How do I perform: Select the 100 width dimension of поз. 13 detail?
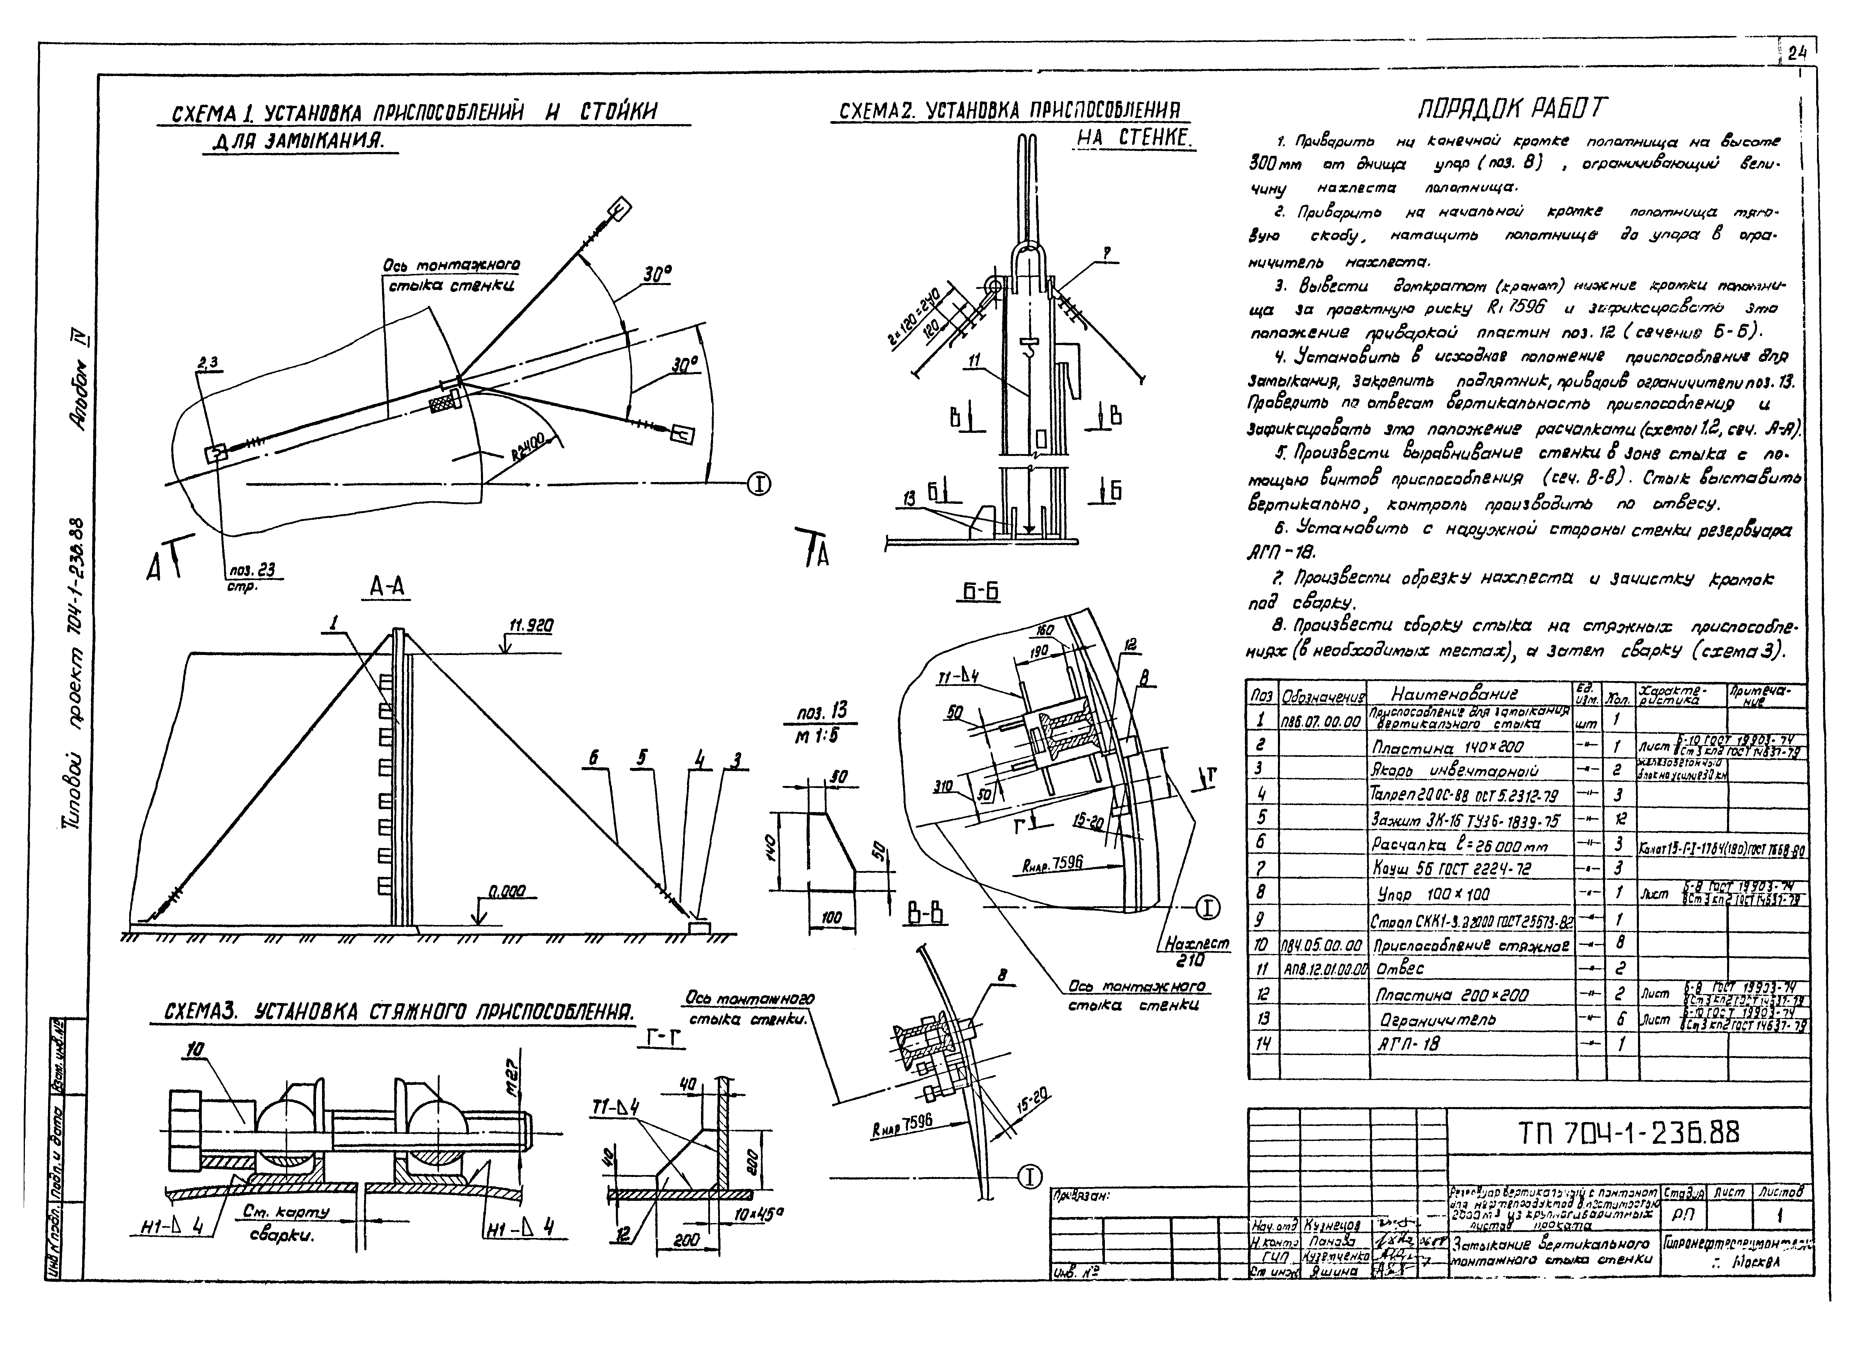pyautogui.click(x=831, y=918)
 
